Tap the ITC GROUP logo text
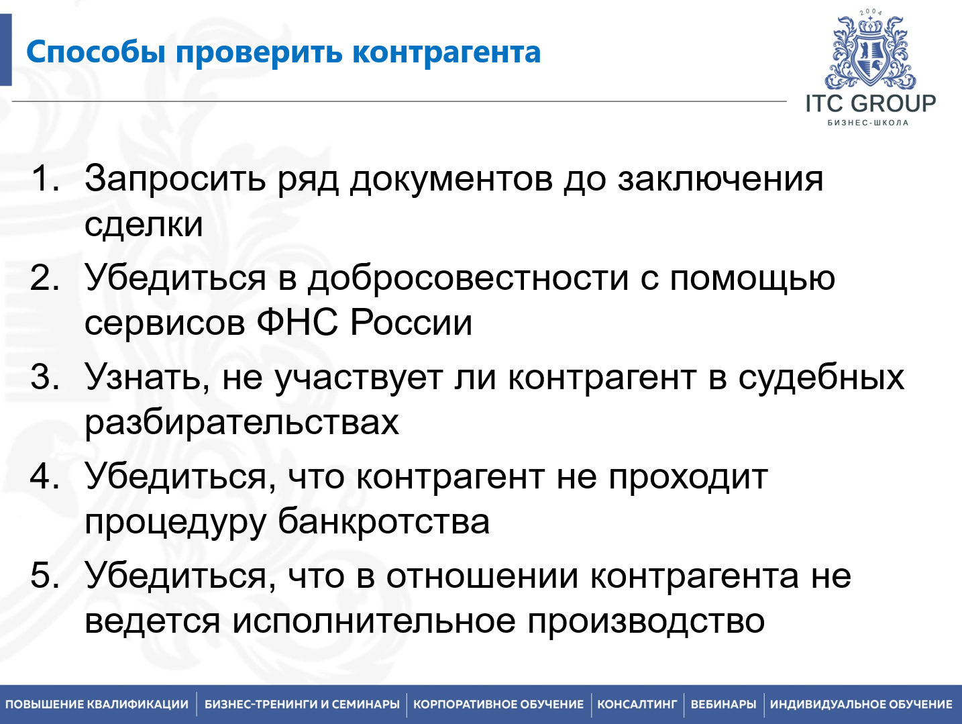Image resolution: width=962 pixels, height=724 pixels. coord(870,104)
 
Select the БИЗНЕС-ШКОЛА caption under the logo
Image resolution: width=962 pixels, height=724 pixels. coord(868,123)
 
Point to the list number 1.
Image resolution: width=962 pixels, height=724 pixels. coord(44,179)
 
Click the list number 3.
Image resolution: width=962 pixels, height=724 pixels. coord(44,377)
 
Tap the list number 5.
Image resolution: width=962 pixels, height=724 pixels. coord(44,576)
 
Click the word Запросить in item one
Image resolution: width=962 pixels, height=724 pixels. coord(175,180)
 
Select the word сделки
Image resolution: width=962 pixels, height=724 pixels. coord(144,224)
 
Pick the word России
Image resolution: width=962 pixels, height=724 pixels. coord(411,323)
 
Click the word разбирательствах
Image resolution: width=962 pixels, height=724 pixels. coord(242,423)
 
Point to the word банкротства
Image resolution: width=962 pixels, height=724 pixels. coord(384,522)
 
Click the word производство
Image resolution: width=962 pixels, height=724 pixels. coord(646,621)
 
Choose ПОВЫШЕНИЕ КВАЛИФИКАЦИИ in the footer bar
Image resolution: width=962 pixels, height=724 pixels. coord(97,705)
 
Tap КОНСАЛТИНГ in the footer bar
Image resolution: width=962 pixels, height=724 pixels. coord(637,705)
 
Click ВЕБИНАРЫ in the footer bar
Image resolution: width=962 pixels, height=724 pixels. coord(723,705)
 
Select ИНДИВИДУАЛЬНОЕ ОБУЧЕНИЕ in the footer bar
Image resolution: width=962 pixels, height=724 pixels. coord(861,705)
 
